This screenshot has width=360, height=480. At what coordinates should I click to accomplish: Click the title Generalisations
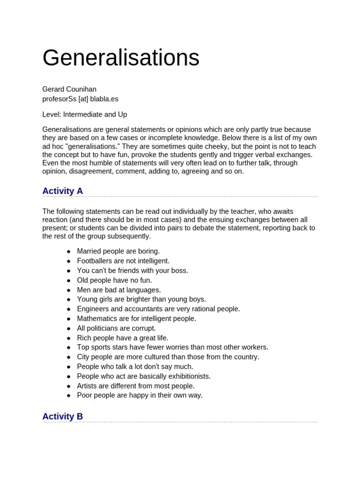[x=121, y=58]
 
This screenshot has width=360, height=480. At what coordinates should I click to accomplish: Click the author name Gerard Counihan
[x=69, y=89]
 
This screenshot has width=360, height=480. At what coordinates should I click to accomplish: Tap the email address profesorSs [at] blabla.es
[x=80, y=99]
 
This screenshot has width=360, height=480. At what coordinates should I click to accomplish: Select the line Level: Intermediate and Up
[x=84, y=114]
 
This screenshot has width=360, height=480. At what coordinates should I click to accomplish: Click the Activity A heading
[x=62, y=191]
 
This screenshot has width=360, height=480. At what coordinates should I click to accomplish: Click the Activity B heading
[x=62, y=416]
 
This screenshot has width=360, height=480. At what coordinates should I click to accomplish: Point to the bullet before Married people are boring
[x=68, y=252]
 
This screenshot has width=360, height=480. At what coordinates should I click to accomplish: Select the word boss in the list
[x=179, y=270]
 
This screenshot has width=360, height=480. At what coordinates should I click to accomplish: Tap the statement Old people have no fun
[x=114, y=280]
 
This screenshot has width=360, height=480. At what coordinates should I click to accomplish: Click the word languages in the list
[x=143, y=290]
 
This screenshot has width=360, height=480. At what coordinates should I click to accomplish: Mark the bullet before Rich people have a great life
[x=68, y=338]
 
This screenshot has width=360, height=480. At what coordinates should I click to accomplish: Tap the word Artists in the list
[x=88, y=386]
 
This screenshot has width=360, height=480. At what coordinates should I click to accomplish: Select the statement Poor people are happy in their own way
[x=140, y=395]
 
